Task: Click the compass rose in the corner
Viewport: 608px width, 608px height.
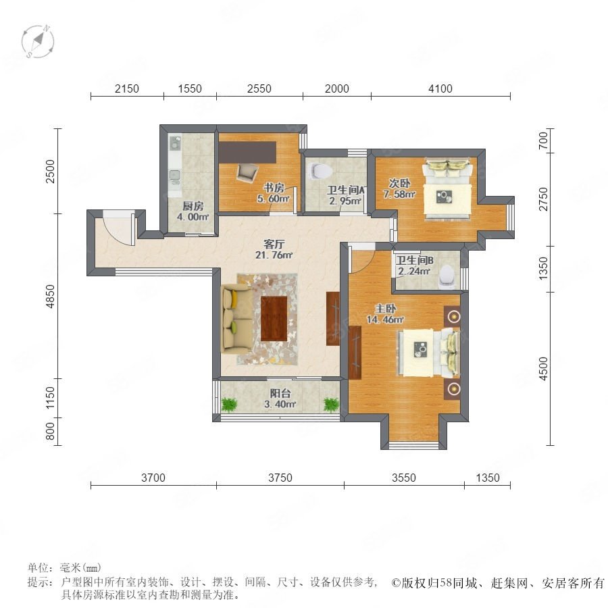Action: click(x=38, y=41)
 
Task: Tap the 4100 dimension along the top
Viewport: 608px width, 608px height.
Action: click(x=440, y=88)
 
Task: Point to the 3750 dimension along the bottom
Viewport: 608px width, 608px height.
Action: click(x=280, y=478)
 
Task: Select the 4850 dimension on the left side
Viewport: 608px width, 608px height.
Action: click(x=51, y=297)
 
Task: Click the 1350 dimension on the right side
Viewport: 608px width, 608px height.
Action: click(x=544, y=268)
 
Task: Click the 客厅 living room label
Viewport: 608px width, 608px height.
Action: click(x=274, y=244)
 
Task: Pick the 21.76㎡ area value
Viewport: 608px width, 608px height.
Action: click(x=274, y=255)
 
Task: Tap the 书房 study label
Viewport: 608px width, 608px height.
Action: click(x=274, y=188)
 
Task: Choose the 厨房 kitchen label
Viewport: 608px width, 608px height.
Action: click(x=193, y=206)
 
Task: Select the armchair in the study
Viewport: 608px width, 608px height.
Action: click(x=247, y=172)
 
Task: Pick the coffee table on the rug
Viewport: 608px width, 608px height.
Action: click(x=274, y=318)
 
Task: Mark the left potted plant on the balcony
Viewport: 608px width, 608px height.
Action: click(x=229, y=405)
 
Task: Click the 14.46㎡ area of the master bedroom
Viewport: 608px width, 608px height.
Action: click(x=386, y=320)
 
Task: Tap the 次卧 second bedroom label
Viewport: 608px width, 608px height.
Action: click(x=399, y=183)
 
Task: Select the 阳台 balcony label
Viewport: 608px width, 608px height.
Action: click(x=280, y=393)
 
